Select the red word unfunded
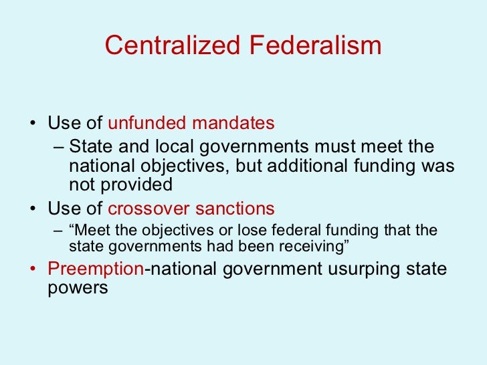point(147,124)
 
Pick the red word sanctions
point(235,207)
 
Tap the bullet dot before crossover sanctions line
point(34,209)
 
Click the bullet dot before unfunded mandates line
point(34,125)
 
